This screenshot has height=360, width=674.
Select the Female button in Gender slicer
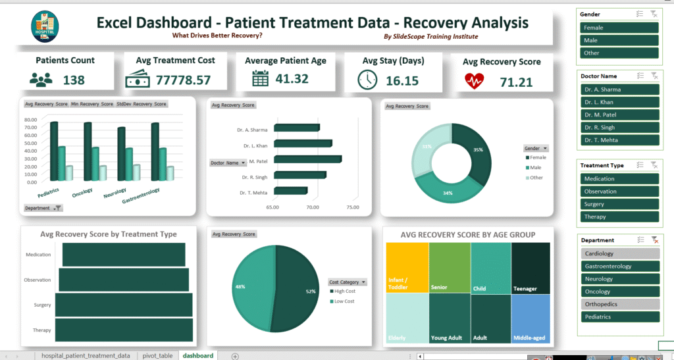tap(619, 28)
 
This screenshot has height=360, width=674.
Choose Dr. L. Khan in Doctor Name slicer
tap(619, 102)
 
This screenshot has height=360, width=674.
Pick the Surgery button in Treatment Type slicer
tap(619, 204)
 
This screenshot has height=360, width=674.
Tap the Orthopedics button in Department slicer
tap(619, 304)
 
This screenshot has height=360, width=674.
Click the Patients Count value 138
tap(74, 80)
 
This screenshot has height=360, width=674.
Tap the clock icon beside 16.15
tap(367, 80)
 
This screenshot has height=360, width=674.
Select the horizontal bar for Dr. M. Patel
tap(307, 159)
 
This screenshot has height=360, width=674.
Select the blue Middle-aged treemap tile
tap(531, 319)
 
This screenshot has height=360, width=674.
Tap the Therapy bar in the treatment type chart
tap(124, 329)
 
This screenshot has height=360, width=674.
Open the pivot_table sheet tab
tap(157, 355)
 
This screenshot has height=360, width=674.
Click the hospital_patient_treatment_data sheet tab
tap(86, 355)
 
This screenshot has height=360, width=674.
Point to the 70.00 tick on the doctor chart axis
tap(313, 207)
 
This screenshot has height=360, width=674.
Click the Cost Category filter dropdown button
tap(363, 282)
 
